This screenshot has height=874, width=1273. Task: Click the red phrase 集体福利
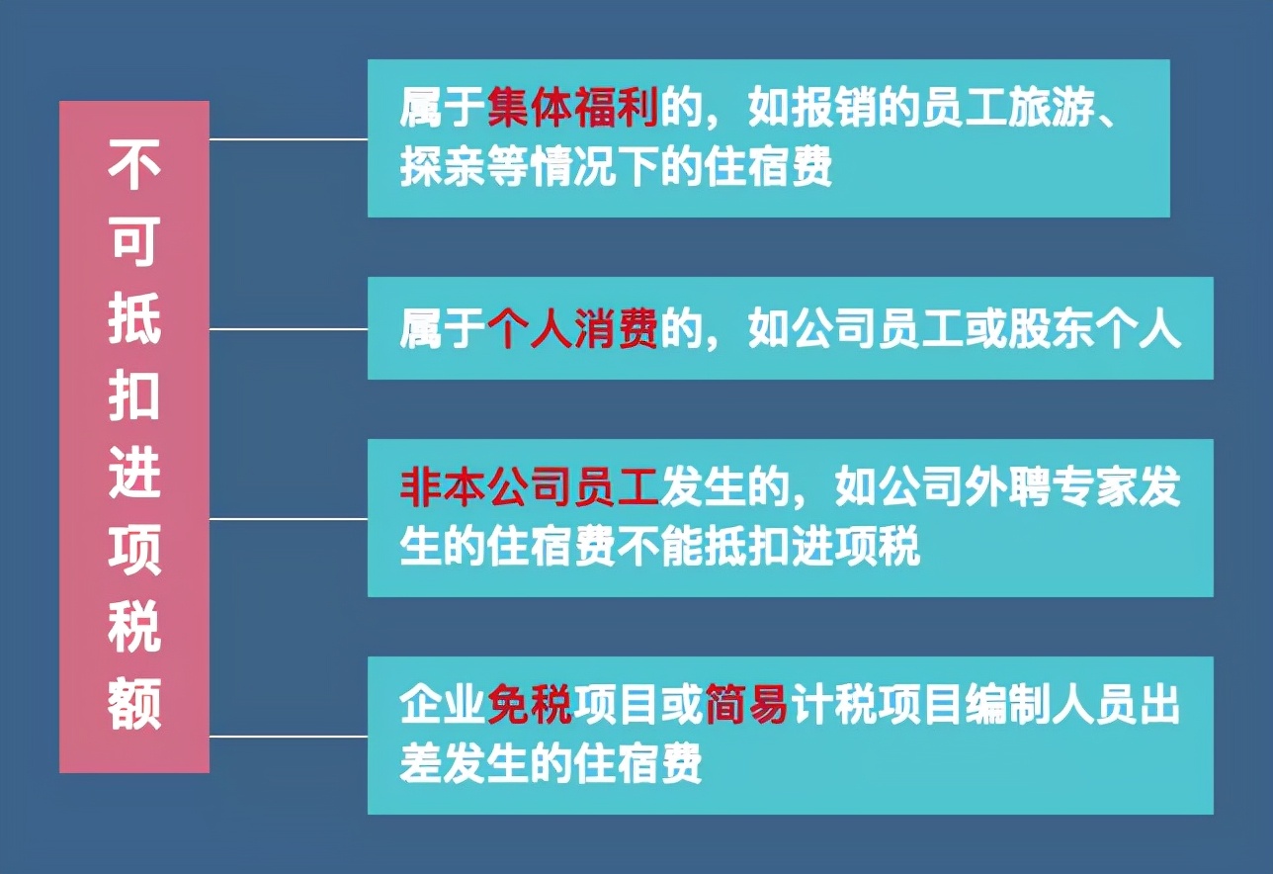pyautogui.click(x=573, y=109)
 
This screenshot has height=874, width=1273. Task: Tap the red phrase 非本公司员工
pyautogui.click(x=530, y=486)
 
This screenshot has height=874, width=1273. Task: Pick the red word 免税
pyautogui.click(x=530, y=706)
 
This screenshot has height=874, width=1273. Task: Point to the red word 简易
pyautogui.click(x=746, y=706)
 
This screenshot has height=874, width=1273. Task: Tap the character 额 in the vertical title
pyautogui.click(x=134, y=704)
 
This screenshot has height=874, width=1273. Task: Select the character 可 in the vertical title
pyautogui.click(x=134, y=240)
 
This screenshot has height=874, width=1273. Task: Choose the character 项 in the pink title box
pyautogui.click(x=134, y=549)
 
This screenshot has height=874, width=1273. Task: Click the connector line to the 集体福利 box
pyautogui.click(x=288, y=139)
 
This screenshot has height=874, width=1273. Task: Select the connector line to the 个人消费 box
pyautogui.click(x=288, y=329)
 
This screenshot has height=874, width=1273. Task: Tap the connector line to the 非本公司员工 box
pyautogui.click(x=288, y=518)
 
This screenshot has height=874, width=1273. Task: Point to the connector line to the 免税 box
pyautogui.click(x=288, y=736)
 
